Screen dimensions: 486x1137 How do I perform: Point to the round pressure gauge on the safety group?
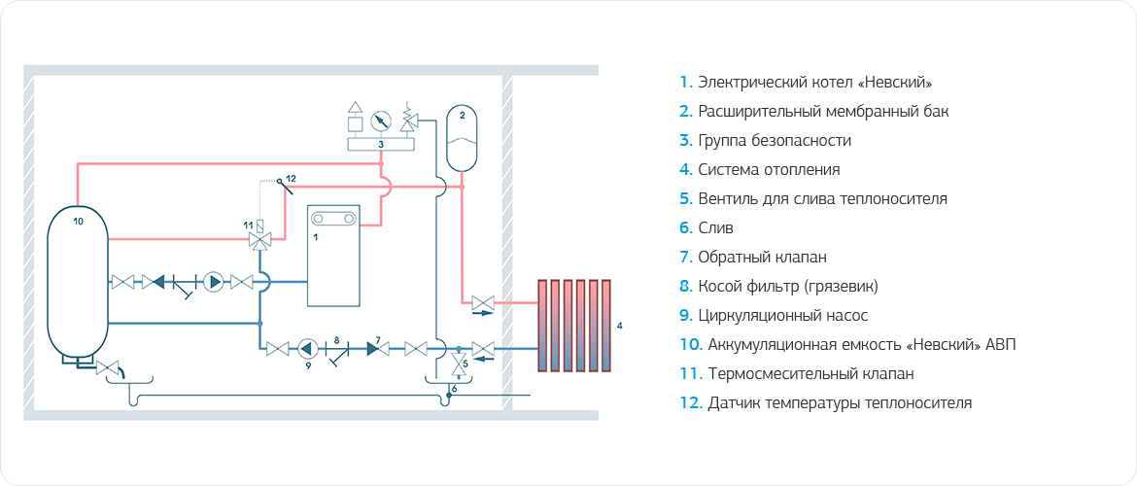click(381, 121)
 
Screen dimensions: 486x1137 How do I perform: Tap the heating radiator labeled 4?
click(574, 325)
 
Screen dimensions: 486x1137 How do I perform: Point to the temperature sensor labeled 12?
click(280, 182)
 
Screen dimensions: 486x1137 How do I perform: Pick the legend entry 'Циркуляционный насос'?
click(774, 315)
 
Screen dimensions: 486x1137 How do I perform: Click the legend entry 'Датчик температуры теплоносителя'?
click(827, 402)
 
